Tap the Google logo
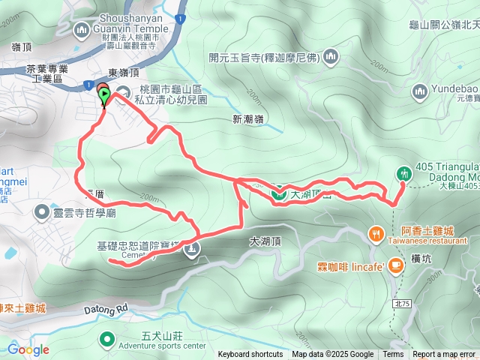[x=28, y=349]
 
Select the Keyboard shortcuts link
[x=250, y=355]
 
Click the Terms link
[x=393, y=355]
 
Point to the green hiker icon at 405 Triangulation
[x=404, y=173]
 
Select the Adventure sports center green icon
[x=106, y=338]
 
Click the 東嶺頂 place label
[x=123, y=73]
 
